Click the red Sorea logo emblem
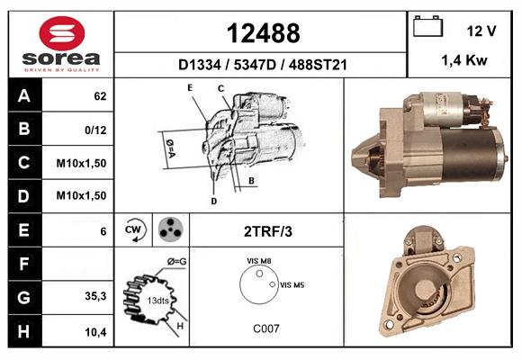(62, 33)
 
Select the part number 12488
(264, 33)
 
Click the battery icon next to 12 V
(427, 26)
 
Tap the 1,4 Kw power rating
(464, 60)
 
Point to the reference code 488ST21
(318, 65)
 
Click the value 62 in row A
(100, 96)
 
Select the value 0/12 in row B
(95, 130)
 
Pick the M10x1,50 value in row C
(81, 163)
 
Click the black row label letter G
(23, 297)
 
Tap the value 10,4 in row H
(95, 332)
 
